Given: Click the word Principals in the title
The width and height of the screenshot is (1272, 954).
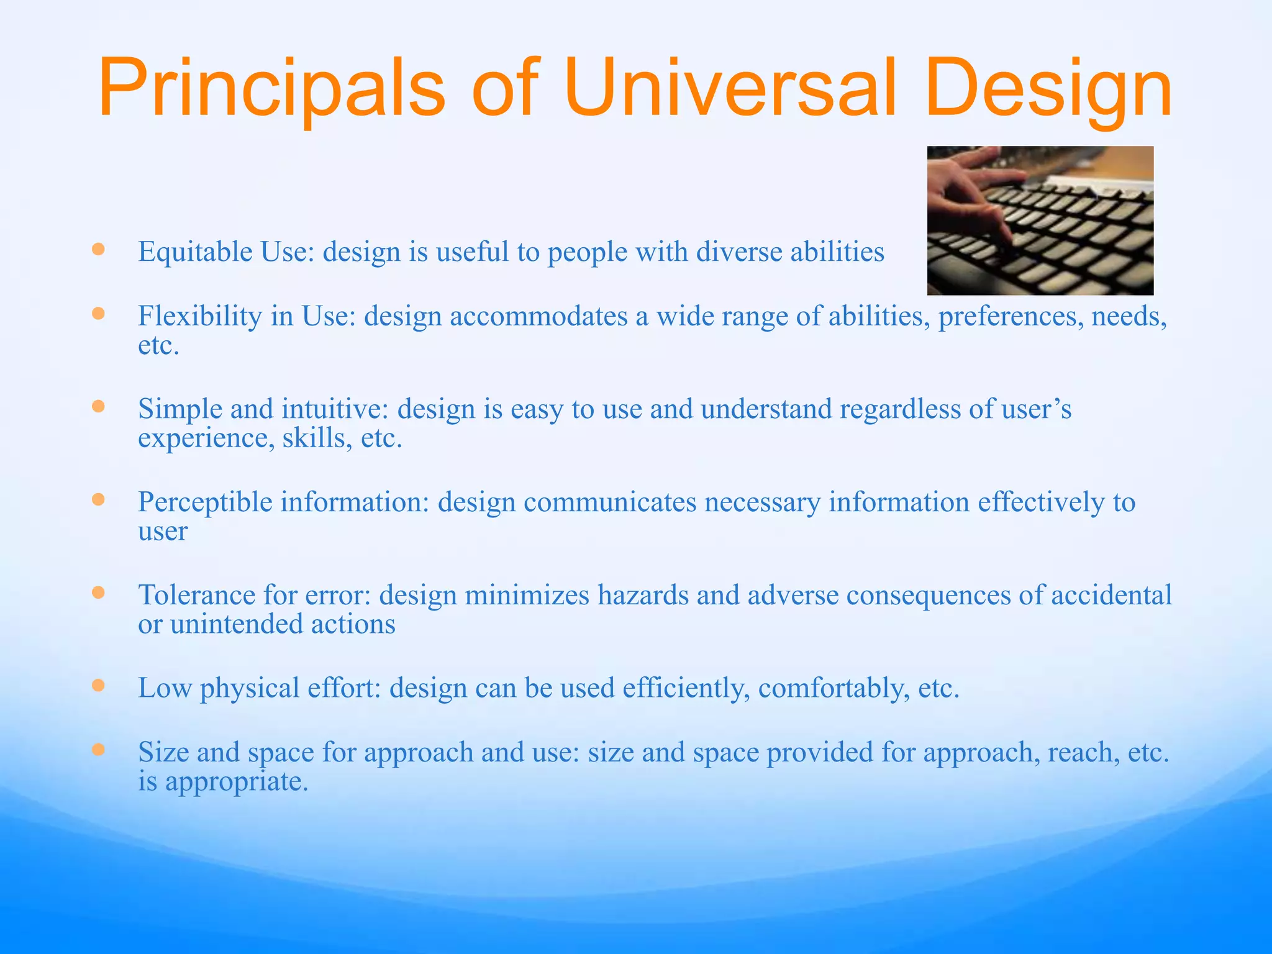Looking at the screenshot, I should [271, 88].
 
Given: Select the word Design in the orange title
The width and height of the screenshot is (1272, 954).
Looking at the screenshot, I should [1048, 88].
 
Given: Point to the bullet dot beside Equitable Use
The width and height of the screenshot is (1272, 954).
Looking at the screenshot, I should [98, 250].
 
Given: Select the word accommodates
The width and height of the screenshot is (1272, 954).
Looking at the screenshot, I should [538, 316].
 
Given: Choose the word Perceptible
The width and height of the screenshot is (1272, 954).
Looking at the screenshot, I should [205, 502].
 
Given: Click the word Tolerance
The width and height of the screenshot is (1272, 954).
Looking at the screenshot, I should [196, 596].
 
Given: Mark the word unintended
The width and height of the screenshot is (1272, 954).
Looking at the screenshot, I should [237, 624].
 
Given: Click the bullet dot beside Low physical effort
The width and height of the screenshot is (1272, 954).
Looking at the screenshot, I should [98, 686].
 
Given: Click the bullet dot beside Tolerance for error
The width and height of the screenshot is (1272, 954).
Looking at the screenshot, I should [98, 593].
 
